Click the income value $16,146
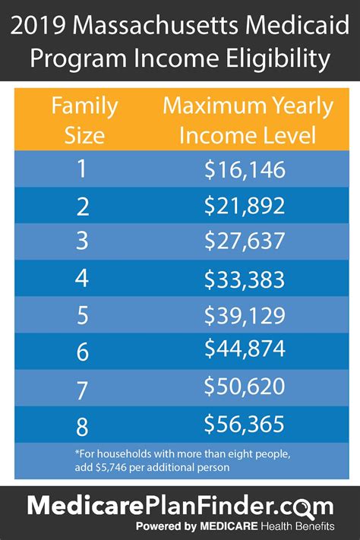click(245, 169)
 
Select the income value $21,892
click(245, 206)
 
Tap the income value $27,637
click(245, 242)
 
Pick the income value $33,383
click(245, 279)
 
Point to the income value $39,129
click(245, 315)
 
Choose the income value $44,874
click(245, 349)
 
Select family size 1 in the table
click(81, 169)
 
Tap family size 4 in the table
click(81, 279)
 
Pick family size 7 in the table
click(81, 387)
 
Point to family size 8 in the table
click(81, 423)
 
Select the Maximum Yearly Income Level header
click(248, 121)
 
